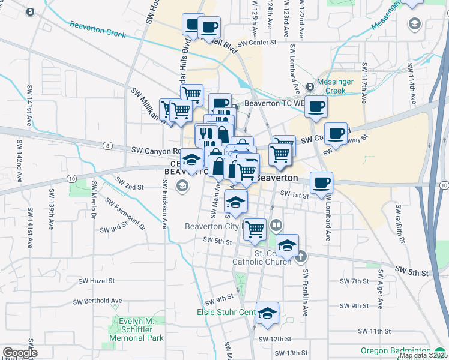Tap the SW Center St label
[256, 43]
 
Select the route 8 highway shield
[106, 145]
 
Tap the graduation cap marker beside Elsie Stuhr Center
[268, 313]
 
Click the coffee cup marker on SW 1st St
[322, 183]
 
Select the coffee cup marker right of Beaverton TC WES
[316, 107]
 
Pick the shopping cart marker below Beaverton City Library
[256, 229]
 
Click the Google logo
[19, 353]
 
